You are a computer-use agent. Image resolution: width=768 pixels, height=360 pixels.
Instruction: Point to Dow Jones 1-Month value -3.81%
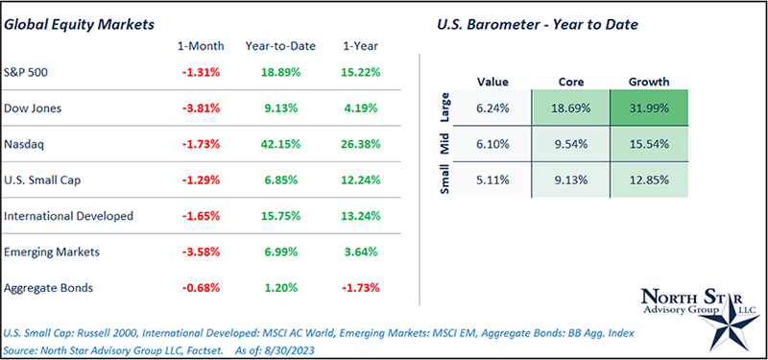[201, 108]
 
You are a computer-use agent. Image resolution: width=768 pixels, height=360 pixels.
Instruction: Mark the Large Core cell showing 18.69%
[569, 111]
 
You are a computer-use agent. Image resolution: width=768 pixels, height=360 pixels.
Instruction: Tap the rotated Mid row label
[444, 145]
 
